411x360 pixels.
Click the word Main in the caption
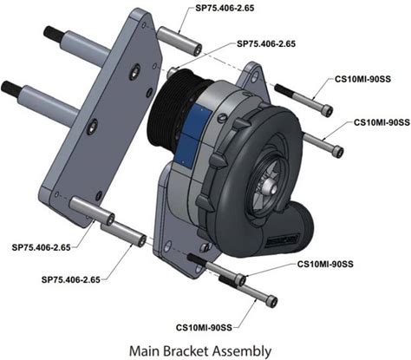click(144, 350)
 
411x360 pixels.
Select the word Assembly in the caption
click(242, 351)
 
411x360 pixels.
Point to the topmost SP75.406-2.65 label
click(225, 8)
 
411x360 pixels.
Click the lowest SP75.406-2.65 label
click(71, 279)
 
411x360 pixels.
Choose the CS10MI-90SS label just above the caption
click(204, 328)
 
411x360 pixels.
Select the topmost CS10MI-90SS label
click(362, 79)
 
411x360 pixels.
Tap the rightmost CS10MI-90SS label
click(382, 122)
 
